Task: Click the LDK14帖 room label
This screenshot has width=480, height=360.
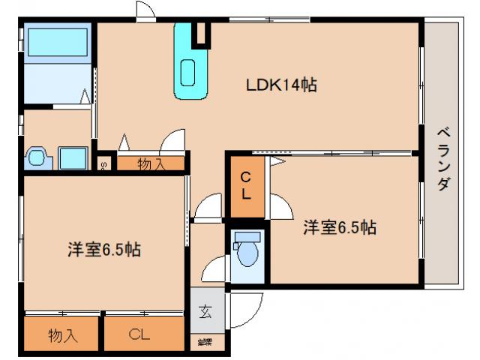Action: [281, 85]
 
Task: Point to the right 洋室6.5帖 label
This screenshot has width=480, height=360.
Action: [340, 227]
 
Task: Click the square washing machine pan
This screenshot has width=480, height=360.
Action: [73, 158]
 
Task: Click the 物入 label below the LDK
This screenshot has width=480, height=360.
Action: [151, 163]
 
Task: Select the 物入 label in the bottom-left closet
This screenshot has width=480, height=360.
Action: [63, 334]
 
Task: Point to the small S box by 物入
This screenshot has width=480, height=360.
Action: [103, 164]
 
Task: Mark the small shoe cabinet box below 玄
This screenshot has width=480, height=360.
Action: [205, 343]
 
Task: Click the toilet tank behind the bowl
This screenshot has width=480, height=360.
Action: [244, 238]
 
